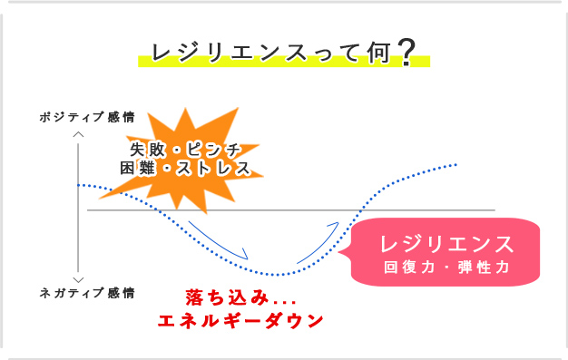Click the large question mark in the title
pos(406,53)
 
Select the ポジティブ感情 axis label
pos(87,117)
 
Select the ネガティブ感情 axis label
pos(87,293)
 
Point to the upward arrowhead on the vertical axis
pos(79,133)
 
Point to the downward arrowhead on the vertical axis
pos(79,279)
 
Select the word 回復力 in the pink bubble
pos(408,268)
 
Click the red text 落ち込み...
pos(221,297)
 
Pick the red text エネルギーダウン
pos(241,321)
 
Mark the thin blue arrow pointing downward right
pos(220,238)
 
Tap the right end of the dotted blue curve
pos(456,165)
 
